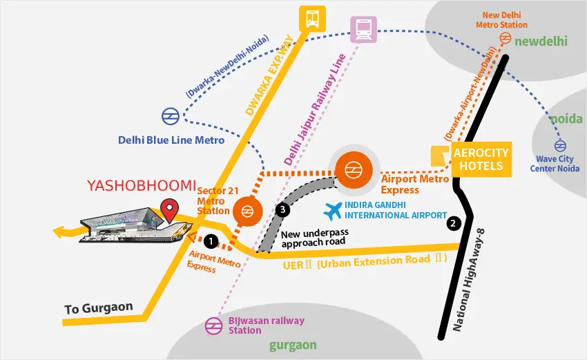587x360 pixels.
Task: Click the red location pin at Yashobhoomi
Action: point(170,210)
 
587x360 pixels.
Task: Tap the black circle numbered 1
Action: point(211,242)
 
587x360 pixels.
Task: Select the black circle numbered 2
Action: point(453,224)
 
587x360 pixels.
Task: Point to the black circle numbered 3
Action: point(282,209)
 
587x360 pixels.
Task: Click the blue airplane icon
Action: point(332,211)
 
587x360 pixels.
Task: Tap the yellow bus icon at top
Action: point(312,18)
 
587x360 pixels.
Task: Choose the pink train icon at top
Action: point(363,29)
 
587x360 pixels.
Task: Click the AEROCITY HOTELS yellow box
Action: point(481,159)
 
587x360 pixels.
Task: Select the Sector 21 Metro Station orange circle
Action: point(247,211)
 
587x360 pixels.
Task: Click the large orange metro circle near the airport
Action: point(354,170)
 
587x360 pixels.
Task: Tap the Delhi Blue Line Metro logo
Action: point(171,116)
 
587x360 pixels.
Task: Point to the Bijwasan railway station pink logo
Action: point(214,325)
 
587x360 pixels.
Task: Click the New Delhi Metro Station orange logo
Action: point(506,38)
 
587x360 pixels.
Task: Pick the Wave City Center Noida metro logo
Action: point(560,145)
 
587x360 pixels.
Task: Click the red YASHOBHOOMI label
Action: point(142,185)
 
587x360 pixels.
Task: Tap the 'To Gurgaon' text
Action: point(99,308)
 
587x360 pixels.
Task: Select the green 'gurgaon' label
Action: point(293,345)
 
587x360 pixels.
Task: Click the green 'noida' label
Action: point(566,119)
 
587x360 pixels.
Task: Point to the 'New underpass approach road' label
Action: point(315,238)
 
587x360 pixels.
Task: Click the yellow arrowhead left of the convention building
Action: point(59,232)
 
